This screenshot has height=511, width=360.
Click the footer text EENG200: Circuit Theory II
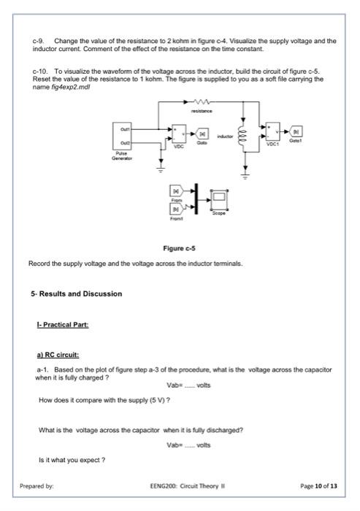[x=180, y=485]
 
